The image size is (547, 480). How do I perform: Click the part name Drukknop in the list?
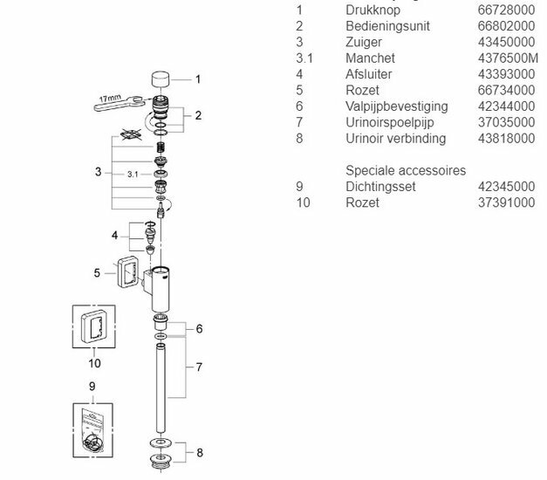coord(373,10)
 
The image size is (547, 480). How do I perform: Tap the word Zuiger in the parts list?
coord(365,41)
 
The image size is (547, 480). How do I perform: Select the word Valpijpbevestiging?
coord(397,106)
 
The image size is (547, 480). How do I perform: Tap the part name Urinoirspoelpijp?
coord(389,122)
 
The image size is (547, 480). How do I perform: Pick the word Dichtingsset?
coord(379,187)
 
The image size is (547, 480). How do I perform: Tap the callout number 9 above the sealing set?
coord(92,384)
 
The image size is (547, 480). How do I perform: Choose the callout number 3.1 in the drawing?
coord(133,175)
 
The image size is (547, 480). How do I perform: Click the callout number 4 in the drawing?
coord(114,237)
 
